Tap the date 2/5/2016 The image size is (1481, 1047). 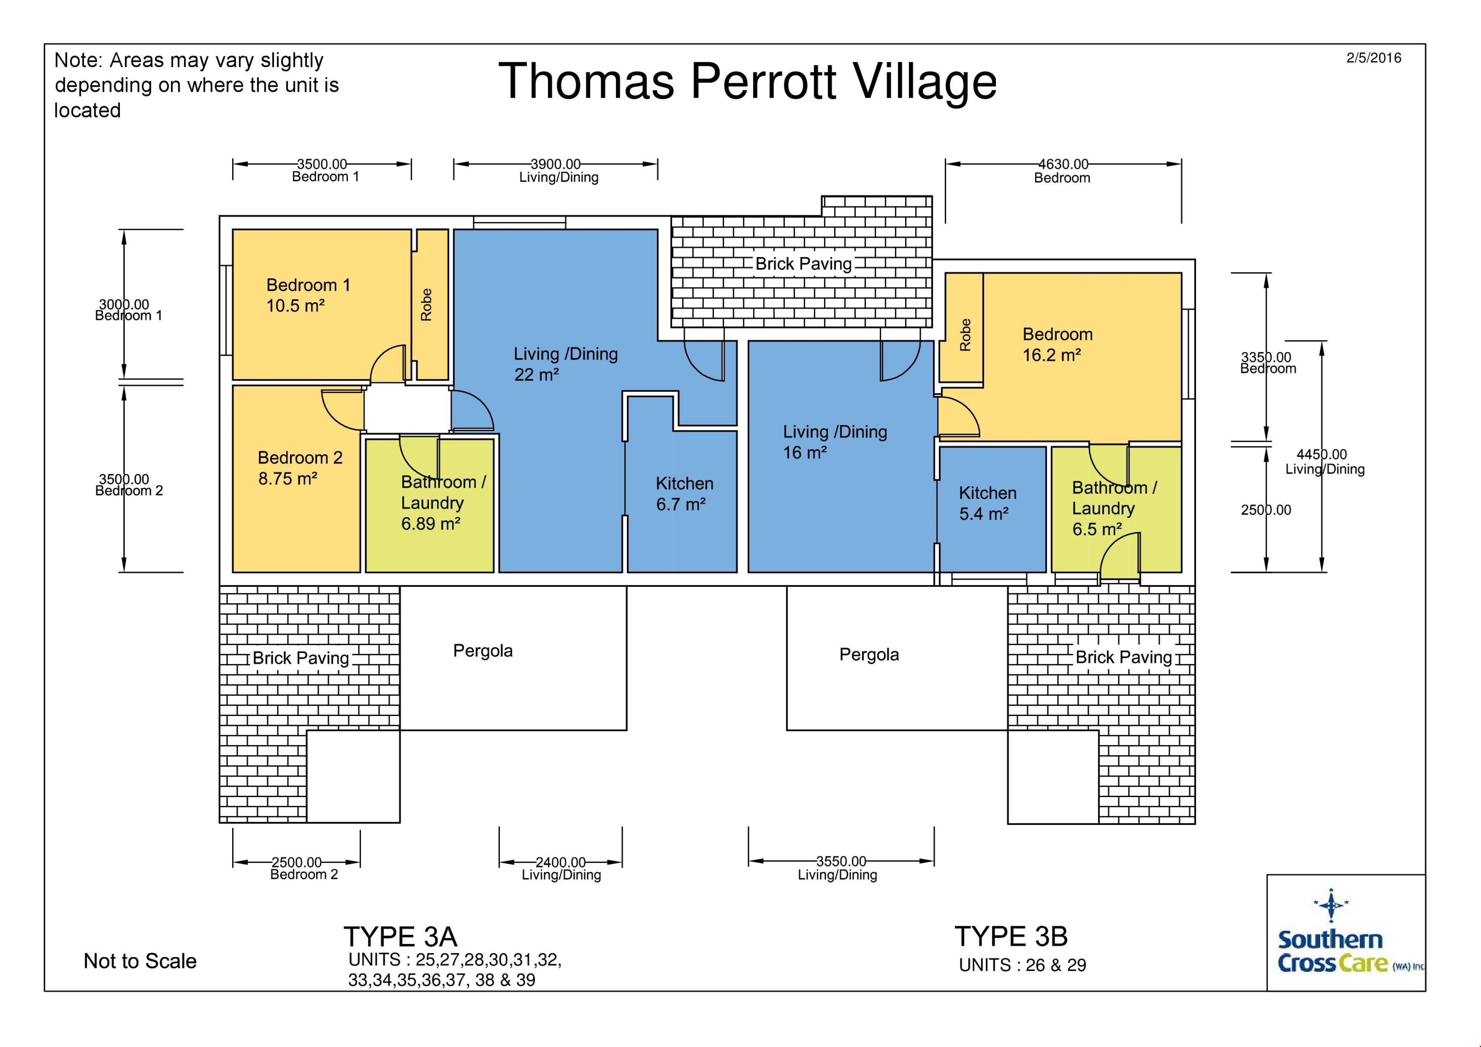(x=1373, y=58)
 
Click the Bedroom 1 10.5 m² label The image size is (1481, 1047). (x=308, y=296)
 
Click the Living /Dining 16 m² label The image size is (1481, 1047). (x=835, y=442)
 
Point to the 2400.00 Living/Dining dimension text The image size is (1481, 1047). (x=561, y=868)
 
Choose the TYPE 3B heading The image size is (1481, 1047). (x=1011, y=936)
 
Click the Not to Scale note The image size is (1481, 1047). (x=140, y=961)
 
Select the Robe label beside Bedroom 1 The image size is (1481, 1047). (x=427, y=304)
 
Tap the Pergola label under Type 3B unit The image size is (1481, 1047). (x=869, y=654)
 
